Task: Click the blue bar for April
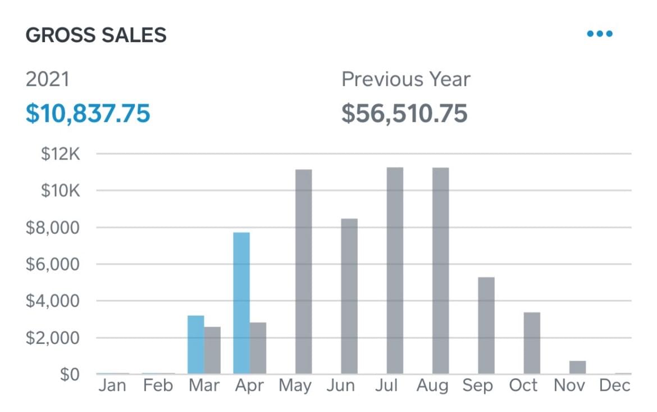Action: tap(241, 303)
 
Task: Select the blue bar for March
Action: tap(195, 345)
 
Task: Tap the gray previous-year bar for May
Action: tap(303, 271)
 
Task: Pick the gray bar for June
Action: tap(349, 296)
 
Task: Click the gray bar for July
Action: tap(395, 270)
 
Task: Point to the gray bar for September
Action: tap(486, 325)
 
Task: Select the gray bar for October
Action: tap(532, 343)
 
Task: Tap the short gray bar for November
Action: tap(577, 368)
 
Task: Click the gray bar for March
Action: tap(212, 350)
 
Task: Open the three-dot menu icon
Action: tap(599, 34)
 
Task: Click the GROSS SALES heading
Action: tap(96, 35)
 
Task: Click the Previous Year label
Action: tap(405, 79)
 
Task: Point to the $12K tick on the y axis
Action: tap(61, 153)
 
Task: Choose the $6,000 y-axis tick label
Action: tap(53, 264)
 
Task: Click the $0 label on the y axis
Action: tap(70, 374)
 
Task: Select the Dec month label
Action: tap(614, 386)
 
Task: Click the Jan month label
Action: tap(113, 386)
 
